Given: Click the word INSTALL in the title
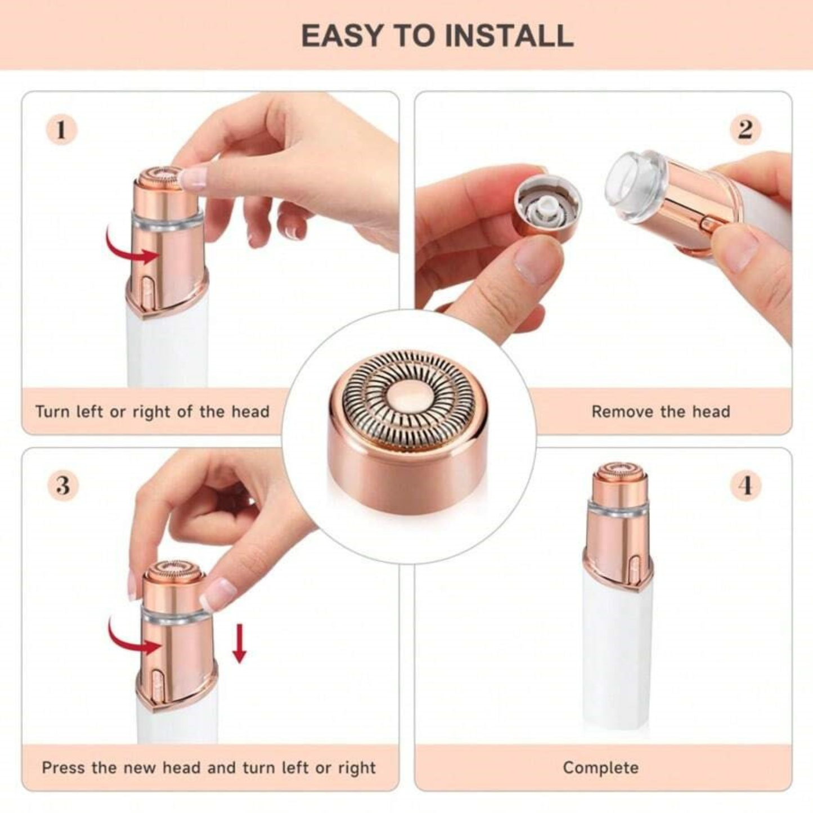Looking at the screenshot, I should pyautogui.click(x=509, y=35).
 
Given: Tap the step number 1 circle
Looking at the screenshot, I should pyautogui.click(x=61, y=131).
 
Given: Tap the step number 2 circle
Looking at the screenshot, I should pyautogui.click(x=745, y=130).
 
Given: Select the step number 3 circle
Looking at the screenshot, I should pyautogui.click(x=62, y=485).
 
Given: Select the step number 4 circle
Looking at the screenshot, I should pyautogui.click(x=746, y=485).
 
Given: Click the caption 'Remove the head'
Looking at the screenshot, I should pyautogui.click(x=661, y=412).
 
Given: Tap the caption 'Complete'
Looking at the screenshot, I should pyautogui.click(x=600, y=768).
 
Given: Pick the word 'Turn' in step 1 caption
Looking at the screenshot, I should pyautogui.click(x=52, y=412).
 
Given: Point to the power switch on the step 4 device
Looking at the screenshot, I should pyautogui.click(x=634, y=568).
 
